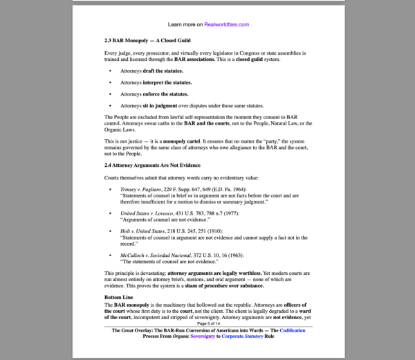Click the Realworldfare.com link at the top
tap(226, 24)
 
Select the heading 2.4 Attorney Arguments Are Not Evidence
tap(152, 165)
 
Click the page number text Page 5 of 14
tap(208, 323)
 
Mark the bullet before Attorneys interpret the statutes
tap(110, 82)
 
